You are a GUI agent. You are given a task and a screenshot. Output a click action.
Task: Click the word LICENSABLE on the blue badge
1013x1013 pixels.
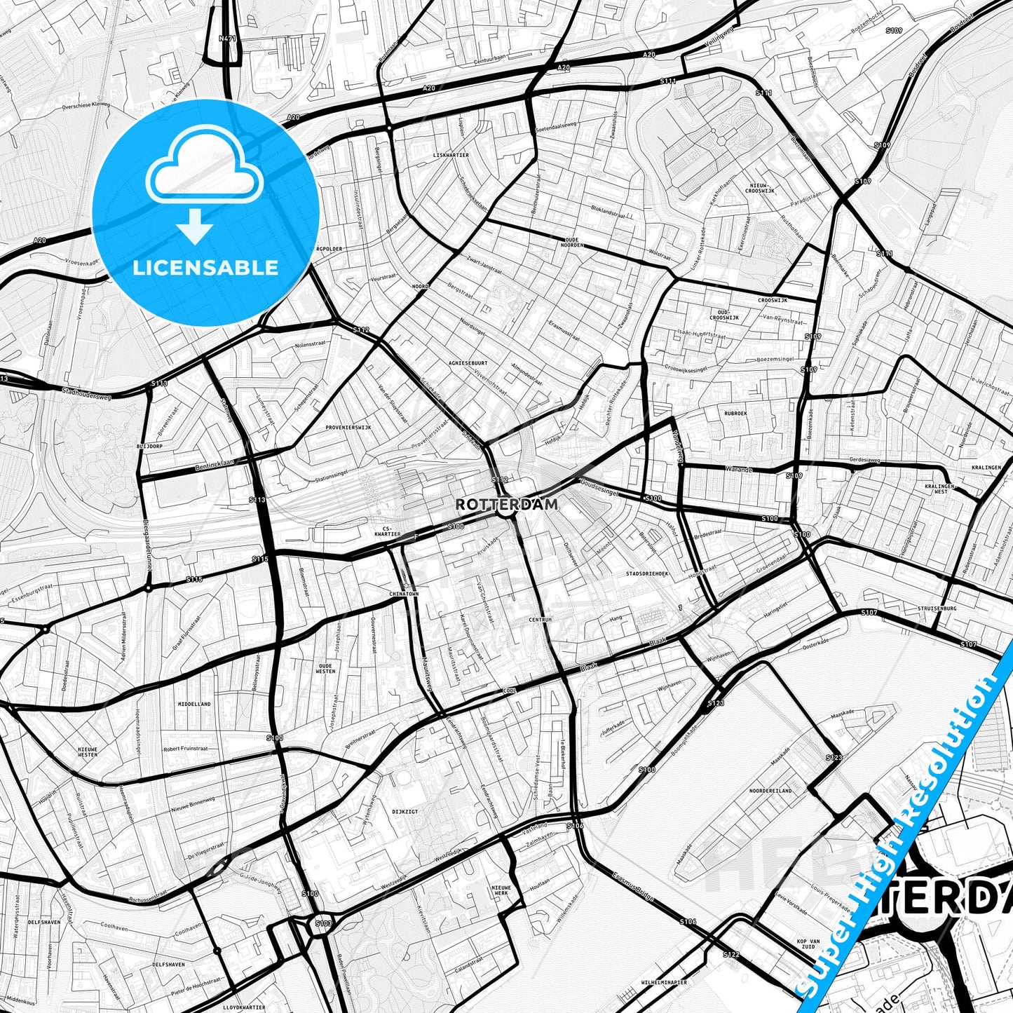[205, 268]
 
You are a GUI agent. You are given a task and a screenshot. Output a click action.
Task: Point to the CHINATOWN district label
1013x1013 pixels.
[403, 594]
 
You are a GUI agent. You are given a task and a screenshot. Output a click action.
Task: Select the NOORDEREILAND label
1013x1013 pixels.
[770, 790]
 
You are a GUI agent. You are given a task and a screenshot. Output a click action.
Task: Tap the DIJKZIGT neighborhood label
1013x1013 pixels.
[404, 811]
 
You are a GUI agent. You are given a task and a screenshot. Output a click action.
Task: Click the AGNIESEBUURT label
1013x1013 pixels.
[469, 363]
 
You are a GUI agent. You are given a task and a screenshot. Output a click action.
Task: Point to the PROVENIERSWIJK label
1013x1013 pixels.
[348, 427]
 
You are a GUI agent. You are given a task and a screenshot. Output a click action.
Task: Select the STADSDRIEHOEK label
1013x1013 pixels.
[647, 573]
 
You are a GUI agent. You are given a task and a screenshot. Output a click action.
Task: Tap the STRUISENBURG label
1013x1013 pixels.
[939, 609]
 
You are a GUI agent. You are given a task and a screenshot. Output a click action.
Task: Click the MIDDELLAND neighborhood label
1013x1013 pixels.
[194, 704]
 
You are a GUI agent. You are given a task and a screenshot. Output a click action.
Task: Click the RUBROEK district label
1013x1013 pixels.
[735, 414]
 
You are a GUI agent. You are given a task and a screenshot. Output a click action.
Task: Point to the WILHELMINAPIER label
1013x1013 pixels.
[664, 983]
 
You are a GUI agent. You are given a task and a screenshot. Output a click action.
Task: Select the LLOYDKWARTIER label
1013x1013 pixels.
[245, 1007]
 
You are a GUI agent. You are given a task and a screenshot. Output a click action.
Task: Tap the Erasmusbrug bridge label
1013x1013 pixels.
[634, 885]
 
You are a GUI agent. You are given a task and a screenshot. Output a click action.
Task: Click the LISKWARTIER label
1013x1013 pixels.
[451, 155]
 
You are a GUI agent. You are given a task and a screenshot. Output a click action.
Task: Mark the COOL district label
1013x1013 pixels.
[510, 691]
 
